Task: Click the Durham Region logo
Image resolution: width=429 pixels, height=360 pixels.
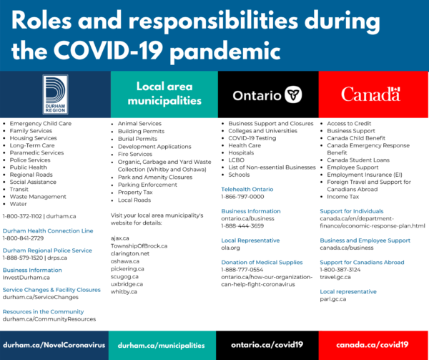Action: pos(55,94)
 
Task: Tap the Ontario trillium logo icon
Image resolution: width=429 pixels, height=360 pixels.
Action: pos(292,94)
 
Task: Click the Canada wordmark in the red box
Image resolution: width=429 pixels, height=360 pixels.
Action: pos(370,94)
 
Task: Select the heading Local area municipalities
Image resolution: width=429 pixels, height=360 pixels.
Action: pos(164,94)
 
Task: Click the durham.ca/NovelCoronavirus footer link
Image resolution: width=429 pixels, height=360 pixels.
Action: pos(54,344)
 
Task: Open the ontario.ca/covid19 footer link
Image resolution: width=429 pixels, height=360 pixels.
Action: pos(267,344)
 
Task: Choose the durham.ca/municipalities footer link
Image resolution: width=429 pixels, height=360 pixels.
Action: pos(164,344)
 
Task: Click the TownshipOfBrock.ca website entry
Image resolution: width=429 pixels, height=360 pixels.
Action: pos(139,245)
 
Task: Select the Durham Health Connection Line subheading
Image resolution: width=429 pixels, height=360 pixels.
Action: pos(48,230)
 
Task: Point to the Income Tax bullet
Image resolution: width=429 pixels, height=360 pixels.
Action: pos(344,196)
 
